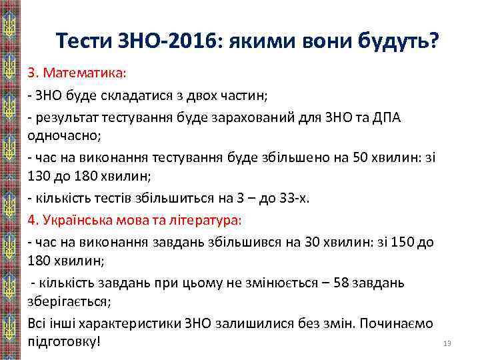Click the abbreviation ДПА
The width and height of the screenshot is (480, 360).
(x=403, y=118)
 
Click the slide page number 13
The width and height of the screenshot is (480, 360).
(x=447, y=343)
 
